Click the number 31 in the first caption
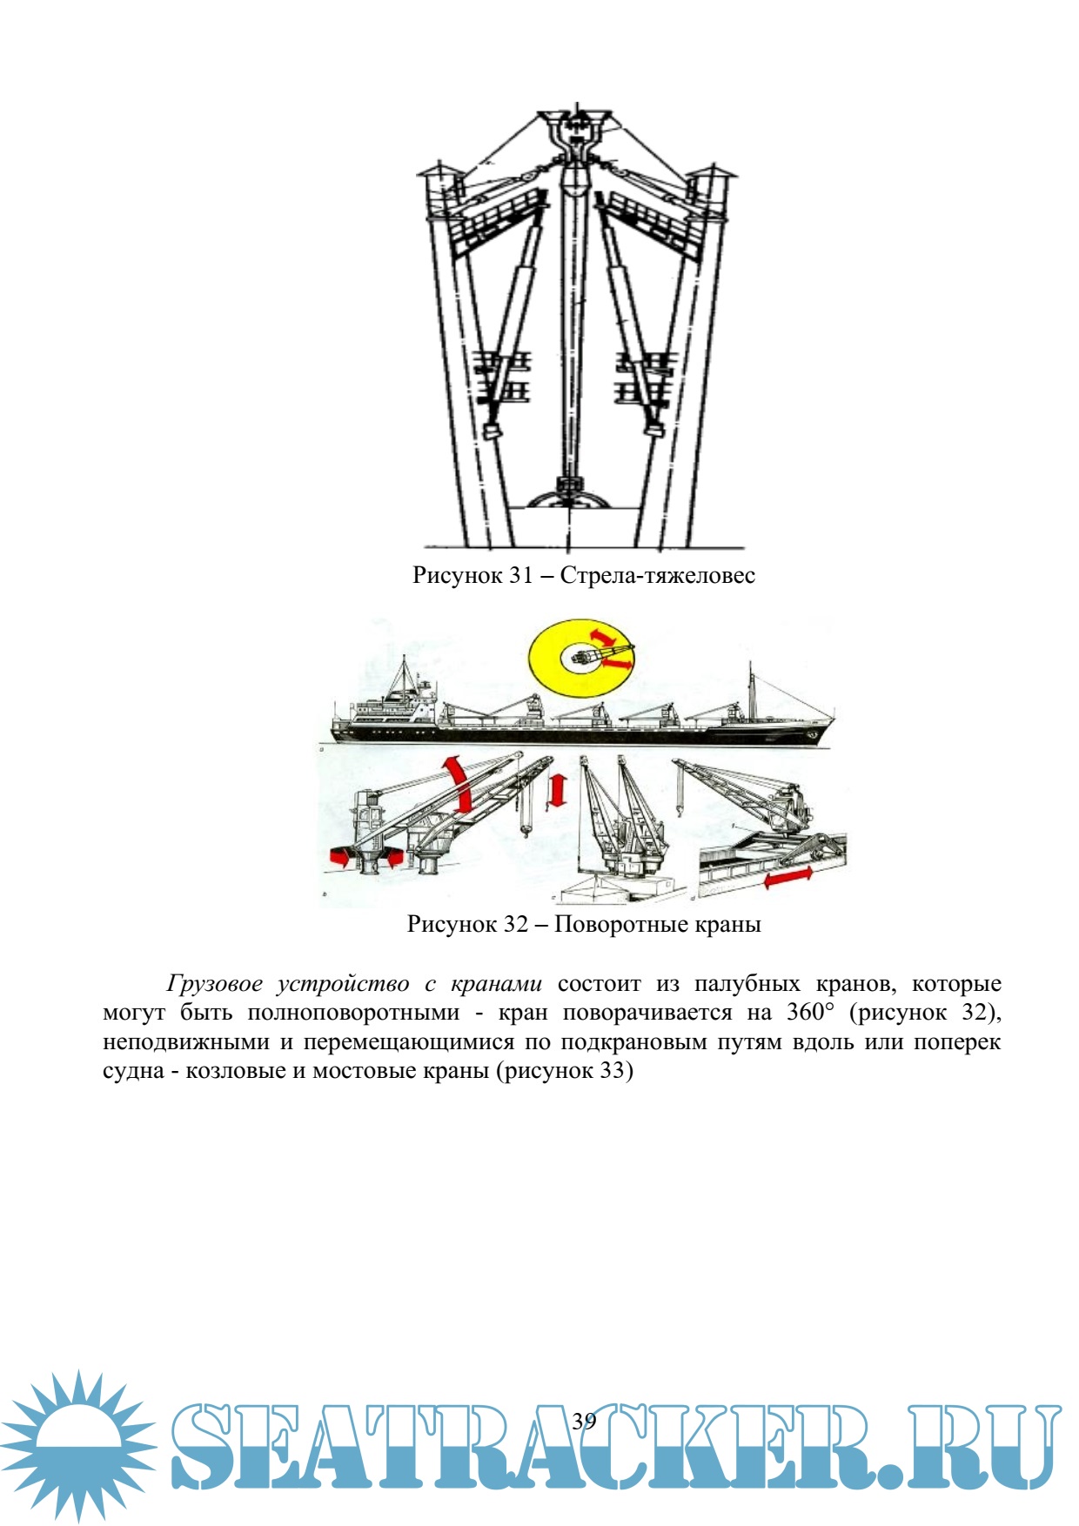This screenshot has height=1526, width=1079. [x=520, y=575]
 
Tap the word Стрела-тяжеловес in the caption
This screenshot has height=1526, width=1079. [x=658, y=575]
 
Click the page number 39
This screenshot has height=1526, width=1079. [x=585, y=1421]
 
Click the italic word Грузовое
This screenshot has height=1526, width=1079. [x=214, y=984]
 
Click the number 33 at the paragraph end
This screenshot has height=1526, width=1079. [x=613, y=1070]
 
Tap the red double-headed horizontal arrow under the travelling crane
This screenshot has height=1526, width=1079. [x=787, y=879]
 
